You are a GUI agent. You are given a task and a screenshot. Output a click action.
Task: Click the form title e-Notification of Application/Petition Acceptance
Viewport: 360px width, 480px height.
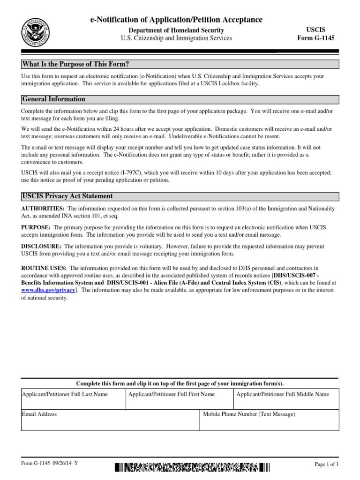click(x=176, y=19)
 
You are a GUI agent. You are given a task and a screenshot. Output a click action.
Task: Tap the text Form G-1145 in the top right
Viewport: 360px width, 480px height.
click(x=316, y=38)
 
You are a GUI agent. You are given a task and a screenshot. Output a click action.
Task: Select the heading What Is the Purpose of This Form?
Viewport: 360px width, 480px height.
click(x=75, y=64)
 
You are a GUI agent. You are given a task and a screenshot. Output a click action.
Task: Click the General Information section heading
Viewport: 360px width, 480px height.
click(x=54, y=99)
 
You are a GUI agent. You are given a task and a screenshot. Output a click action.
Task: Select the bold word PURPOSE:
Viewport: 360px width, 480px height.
click(x=37, y=227)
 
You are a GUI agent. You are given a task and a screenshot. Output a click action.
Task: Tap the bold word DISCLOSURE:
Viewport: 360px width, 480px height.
click(x=41, y=246)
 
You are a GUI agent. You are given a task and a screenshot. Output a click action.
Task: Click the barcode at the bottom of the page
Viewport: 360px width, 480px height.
click(x=192, y=467)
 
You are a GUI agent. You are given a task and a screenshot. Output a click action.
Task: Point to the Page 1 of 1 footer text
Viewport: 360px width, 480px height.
click(x=326, y=464)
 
